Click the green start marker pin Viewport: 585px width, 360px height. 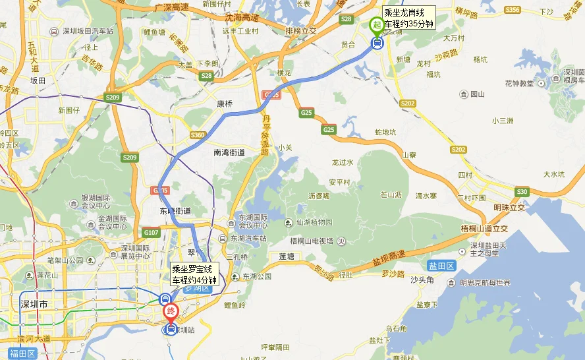[377, 24]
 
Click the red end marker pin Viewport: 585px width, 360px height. [171, 310]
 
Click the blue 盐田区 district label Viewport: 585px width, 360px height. [441, 266]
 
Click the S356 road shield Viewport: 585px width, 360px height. [512, 10]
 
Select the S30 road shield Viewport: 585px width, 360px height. [522, 191]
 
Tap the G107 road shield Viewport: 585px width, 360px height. [152, 232]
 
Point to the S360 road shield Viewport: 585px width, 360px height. [198, 135]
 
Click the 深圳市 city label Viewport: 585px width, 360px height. [34, 305]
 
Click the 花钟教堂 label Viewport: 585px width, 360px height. [519, 83]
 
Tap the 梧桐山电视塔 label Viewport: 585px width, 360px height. [314, 241]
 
